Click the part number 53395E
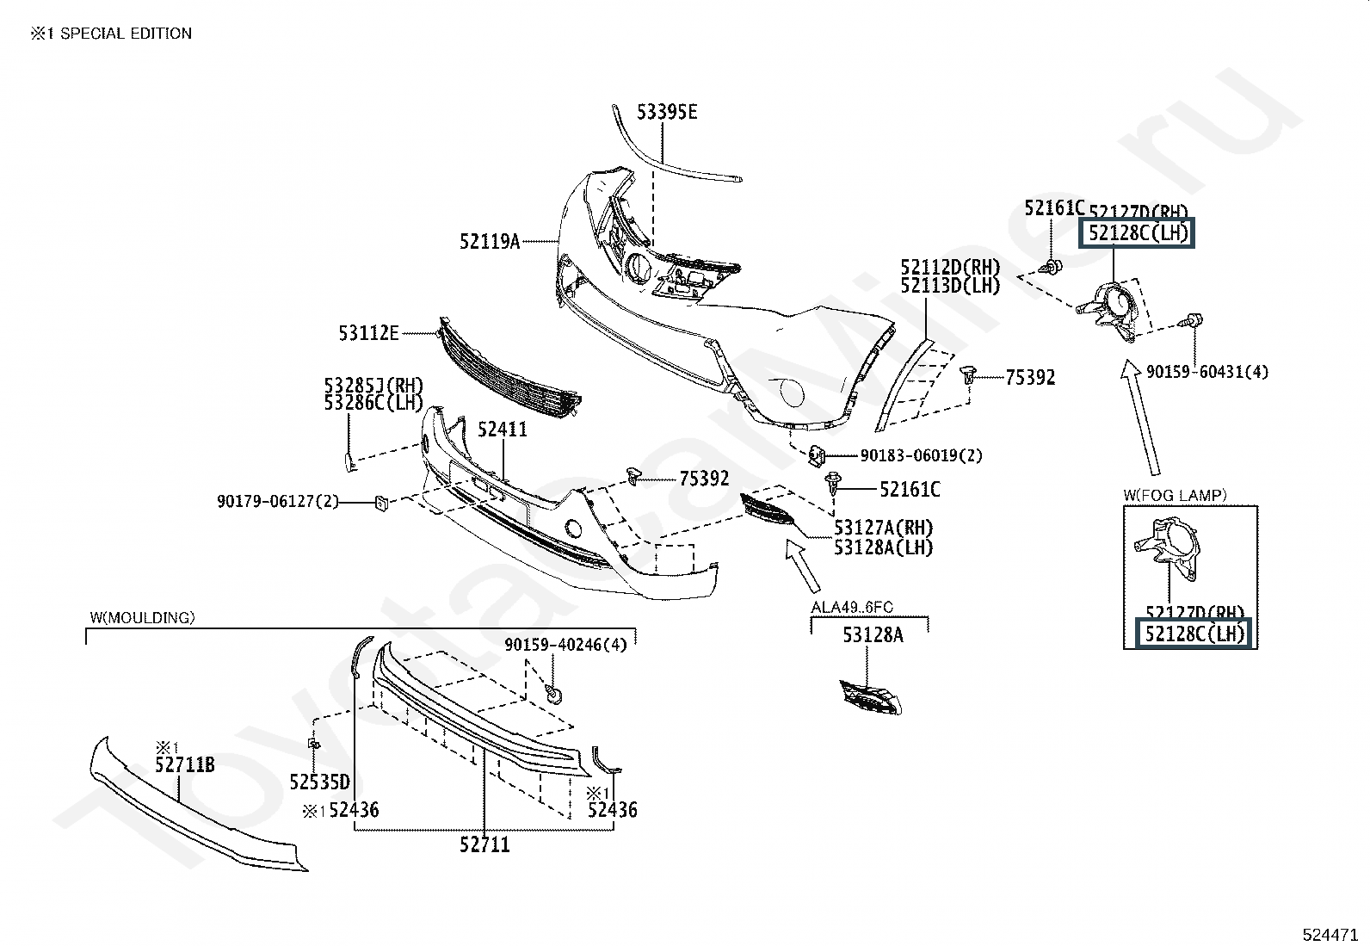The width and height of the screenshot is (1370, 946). point(667,112)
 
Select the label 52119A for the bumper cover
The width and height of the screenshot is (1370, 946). point(490,242)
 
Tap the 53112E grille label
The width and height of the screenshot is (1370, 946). point(368,333)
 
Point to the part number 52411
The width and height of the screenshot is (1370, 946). point(503,429)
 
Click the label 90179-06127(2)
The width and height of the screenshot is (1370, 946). point(278,501)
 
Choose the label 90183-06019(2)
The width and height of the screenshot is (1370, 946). point(921,455)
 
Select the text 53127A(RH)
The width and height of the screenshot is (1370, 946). point(883,528)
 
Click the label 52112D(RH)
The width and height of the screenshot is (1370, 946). point(950,267)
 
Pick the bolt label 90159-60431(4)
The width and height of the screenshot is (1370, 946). point(1206,372)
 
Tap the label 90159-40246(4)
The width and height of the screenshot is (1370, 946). point(565,644)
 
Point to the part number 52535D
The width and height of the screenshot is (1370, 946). point(320,782)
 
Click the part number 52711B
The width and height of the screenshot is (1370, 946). point(185,764)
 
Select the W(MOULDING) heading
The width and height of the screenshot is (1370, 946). point(142,617)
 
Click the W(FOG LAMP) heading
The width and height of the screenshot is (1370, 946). point(1175,495)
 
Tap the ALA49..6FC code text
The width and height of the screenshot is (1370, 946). point(852,607)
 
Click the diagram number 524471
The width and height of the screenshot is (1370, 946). point(1330,933)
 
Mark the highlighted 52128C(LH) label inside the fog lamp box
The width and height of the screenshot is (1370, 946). point(1194,634)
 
